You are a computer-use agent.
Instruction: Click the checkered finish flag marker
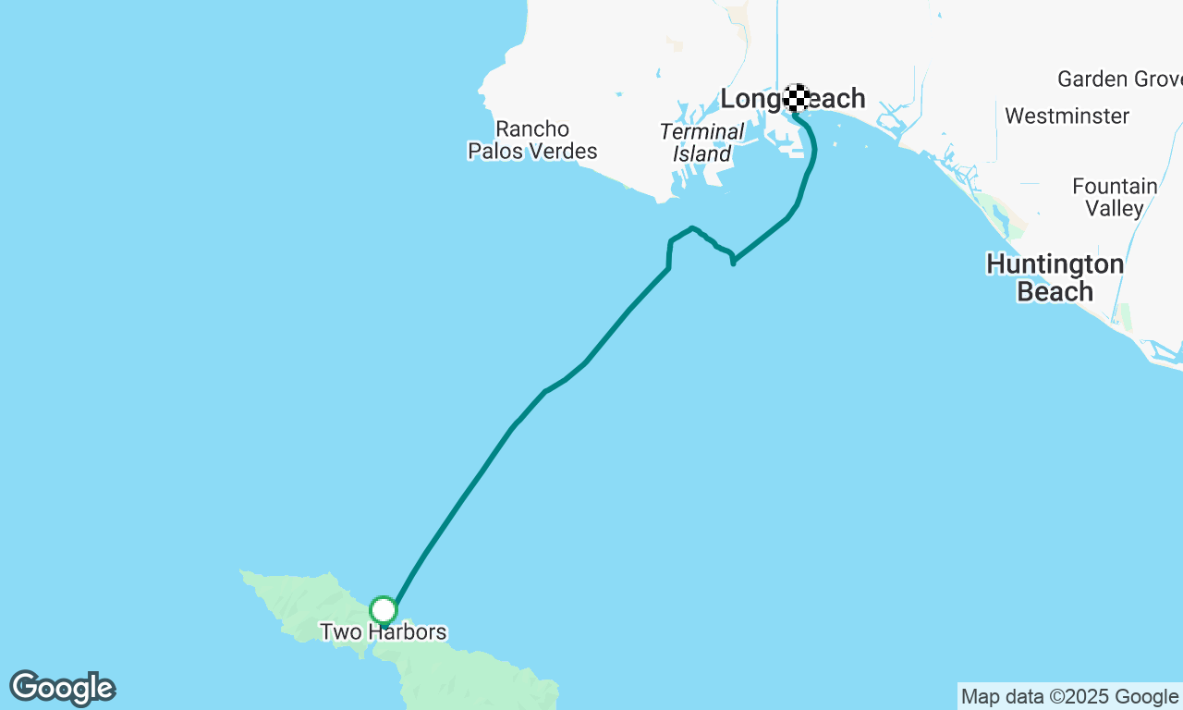click(797, 98)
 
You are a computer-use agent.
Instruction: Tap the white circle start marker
click(384, 610)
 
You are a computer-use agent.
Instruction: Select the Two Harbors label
click(383, 632)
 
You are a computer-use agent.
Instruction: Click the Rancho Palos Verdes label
click(532, 140)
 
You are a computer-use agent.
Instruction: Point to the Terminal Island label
click(701, 142)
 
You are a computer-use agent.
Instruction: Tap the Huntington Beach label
click(1055, 277)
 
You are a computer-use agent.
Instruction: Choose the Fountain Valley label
click(1115, 197)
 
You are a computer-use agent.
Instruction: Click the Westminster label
click(1067, 116)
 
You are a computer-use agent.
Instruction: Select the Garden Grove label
click(1119, 79)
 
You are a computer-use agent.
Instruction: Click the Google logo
click(62, 688)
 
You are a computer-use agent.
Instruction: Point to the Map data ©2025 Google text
click(1069, 696)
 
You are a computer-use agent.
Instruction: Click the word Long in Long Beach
click(750, 98)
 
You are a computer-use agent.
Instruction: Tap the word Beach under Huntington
click(1055, 292)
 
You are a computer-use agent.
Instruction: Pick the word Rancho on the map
click(532, 129)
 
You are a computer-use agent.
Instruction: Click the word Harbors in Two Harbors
click(407, 632)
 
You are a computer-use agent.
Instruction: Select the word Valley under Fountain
click(1115, 208)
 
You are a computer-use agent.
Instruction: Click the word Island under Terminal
click(701, 153)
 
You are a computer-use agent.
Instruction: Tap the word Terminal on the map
click(701, 131)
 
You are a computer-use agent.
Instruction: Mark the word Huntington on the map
click(1055, 264)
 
